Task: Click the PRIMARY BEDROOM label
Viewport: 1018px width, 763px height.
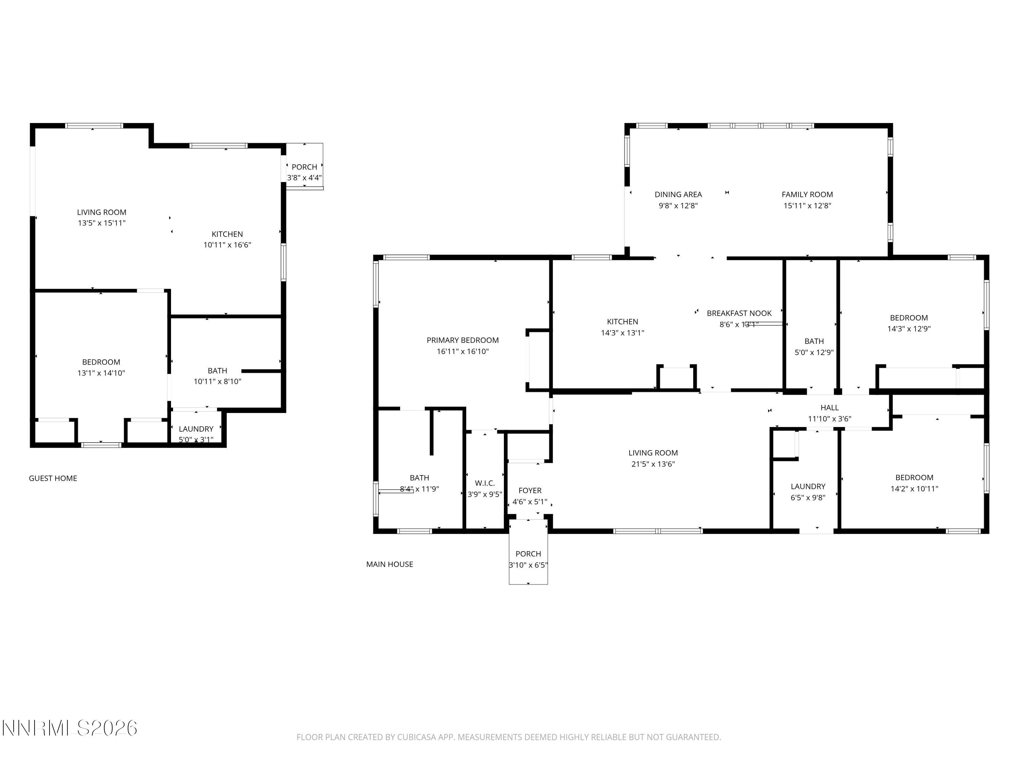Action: [463, 340]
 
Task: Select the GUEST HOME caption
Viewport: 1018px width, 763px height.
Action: [53, 478]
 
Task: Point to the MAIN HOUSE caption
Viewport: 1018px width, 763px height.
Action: [389, 564]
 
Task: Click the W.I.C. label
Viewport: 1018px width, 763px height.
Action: [485, 483]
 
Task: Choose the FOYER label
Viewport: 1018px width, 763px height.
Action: [530, 491]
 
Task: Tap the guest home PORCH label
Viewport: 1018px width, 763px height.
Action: [304, 167]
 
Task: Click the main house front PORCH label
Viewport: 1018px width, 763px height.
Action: [528, 554]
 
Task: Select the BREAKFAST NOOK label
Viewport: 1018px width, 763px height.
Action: [739, 313]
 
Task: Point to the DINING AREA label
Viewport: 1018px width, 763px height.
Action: [678, 195]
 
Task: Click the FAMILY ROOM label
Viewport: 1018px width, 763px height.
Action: [807, 195]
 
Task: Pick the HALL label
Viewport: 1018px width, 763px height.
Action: [829, 408]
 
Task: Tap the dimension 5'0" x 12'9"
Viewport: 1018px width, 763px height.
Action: [814, 353]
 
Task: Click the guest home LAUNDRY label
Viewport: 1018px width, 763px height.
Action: [196, 429]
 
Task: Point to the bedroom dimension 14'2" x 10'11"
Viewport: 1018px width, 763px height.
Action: [914, 489]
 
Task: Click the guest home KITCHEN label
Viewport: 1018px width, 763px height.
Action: [227, 234]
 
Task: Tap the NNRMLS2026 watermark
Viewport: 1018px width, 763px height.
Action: [70, 728]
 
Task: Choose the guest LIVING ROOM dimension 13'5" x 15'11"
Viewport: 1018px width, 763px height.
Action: [101, 223]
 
